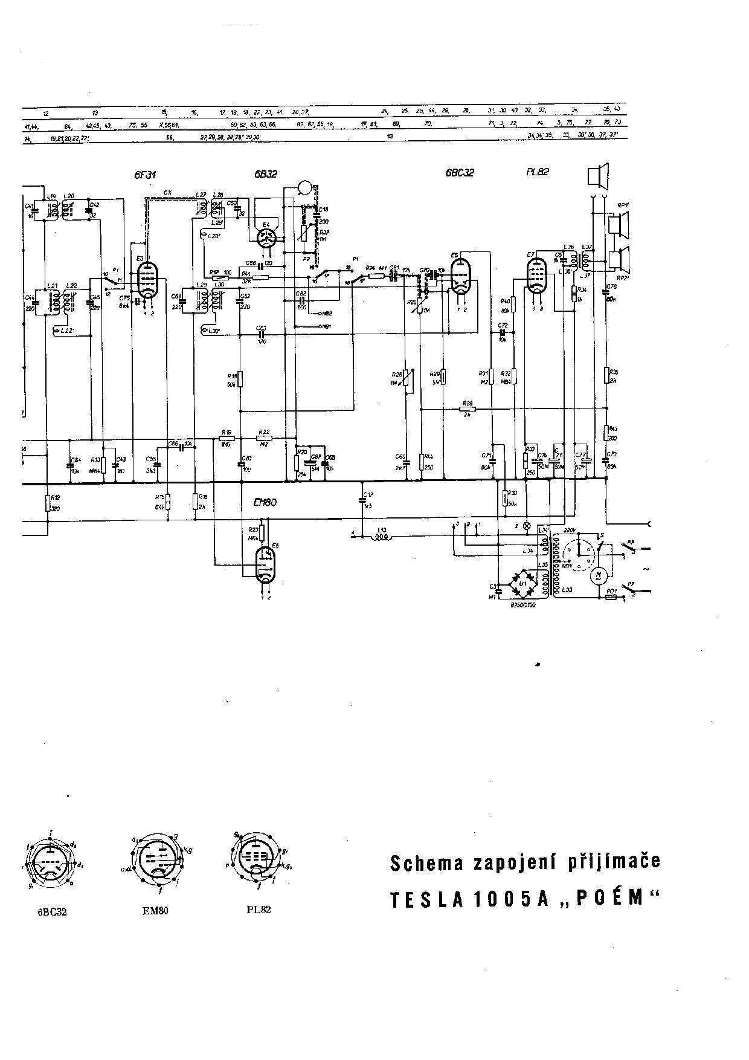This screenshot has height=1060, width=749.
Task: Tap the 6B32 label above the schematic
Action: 266,174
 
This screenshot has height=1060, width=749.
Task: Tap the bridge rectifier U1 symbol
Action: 523,583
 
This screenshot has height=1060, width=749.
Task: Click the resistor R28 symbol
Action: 468,409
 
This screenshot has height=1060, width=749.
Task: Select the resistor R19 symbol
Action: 227,438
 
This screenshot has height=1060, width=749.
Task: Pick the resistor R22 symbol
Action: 264,438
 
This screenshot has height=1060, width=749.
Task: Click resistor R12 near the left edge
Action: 47,503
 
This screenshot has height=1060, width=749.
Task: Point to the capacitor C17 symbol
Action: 362,500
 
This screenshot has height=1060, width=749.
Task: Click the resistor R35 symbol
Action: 606,375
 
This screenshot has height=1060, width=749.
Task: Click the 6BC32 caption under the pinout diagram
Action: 52,912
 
